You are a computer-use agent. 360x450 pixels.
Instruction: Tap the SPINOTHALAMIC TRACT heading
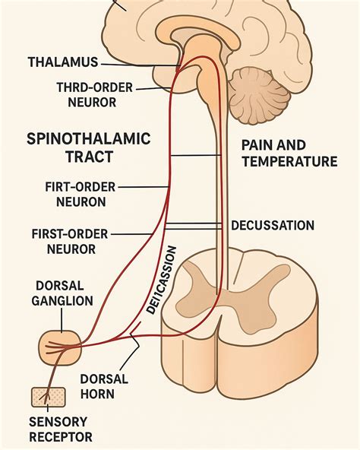(x=89, y=147)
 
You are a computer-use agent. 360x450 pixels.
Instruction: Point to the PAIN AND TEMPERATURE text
(x=289, y=152)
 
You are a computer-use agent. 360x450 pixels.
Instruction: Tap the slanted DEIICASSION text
(x=162, y=282)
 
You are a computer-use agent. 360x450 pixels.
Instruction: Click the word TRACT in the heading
(x=89, y=157)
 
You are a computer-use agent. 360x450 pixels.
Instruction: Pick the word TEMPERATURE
(x=289, y=161)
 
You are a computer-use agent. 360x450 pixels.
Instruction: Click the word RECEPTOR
(x=61, y=437)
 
